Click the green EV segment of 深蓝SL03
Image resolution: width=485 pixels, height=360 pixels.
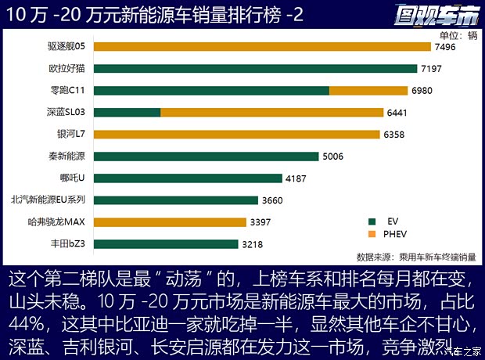point(128,112)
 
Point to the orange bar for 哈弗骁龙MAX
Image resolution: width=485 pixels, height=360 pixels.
point(171,221)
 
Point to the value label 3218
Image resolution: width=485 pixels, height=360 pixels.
point(253,244)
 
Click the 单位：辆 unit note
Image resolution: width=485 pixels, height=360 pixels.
point(458,34)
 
